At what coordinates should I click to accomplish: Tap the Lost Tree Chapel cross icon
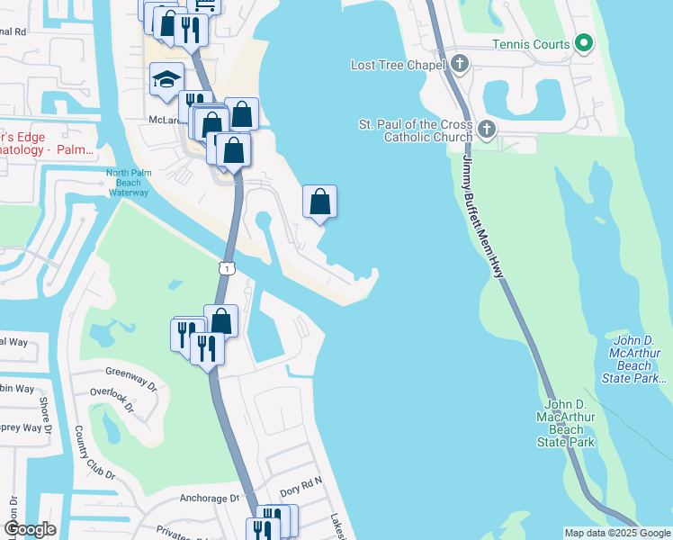pyautogui.click(x=460, y=64)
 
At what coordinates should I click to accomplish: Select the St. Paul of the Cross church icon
pyautogui.click(x=486, y=129)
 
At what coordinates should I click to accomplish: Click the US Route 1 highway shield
pyautogui.click(x=225, y=267)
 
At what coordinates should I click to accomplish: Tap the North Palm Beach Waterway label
pyautogui.click(x=128, y=183)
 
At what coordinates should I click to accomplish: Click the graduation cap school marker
pyautogui.click(x=166, y=79)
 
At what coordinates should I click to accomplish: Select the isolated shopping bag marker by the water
pyautogui.click(x=319, y=202)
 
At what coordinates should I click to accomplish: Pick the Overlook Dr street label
pyautogui.click(x=112, y=400)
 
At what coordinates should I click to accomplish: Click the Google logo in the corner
pyautogui.click(x=31, y=529)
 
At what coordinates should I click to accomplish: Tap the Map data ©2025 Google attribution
pyautogui.click(x=616, y=533)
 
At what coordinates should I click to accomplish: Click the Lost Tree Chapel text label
pyautogui.click(x=399, y=65)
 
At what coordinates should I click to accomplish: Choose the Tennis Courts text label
pyautogui.click(x=531, y=44)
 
